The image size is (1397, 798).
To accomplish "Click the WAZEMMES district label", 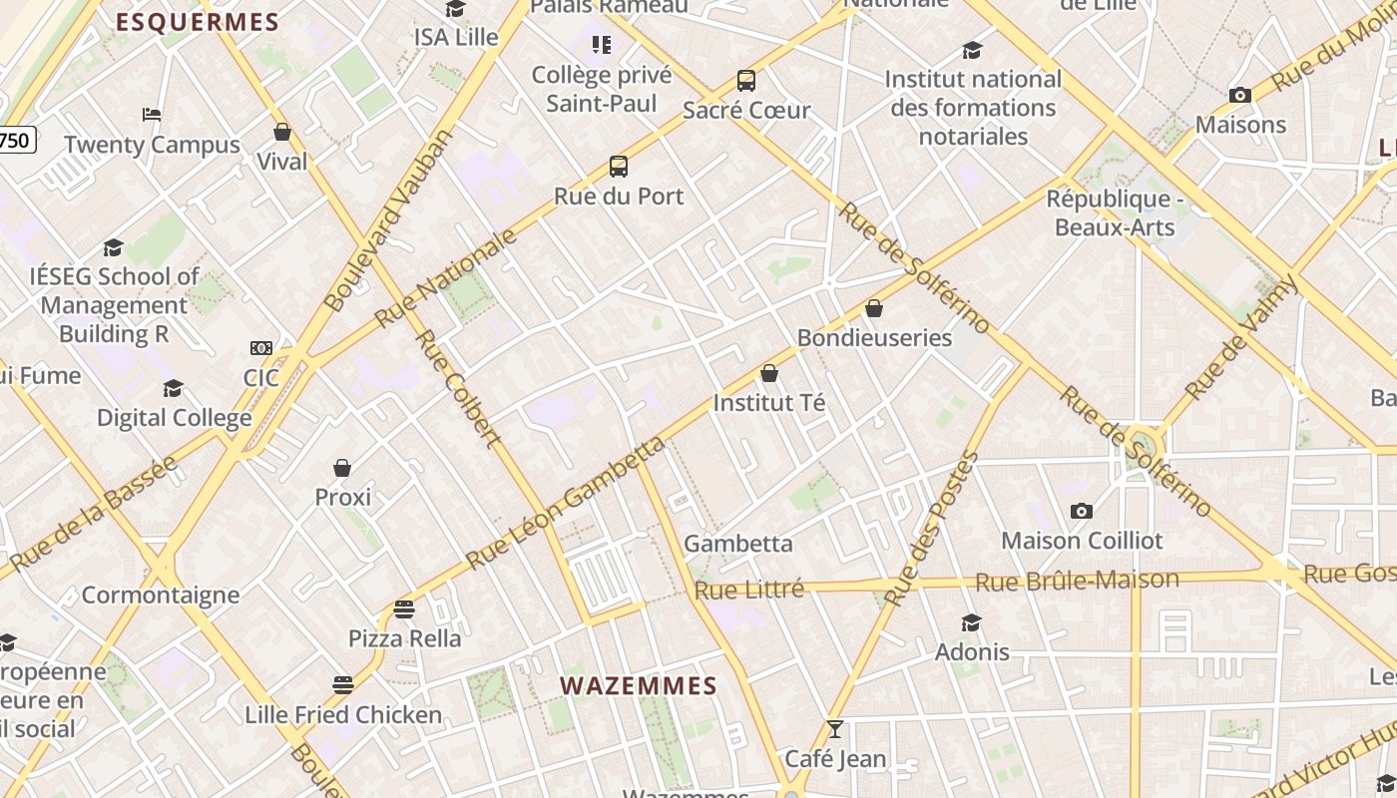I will (x=639, y=686).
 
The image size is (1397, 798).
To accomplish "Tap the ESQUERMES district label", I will (x=197, y=22).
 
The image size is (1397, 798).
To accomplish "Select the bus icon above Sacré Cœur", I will (x=746, y=81).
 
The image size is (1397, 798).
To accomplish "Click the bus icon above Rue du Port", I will (x=619, y=167).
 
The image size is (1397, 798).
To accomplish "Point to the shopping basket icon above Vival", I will (x=282, y=132).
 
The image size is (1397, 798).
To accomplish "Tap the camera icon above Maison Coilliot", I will (x=1082, y=512).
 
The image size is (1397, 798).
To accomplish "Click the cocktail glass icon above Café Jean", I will (x=835, y=729).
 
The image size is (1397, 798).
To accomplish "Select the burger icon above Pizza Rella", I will (x=404, y=608).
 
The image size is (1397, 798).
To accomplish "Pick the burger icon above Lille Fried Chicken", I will (x=343, y=685).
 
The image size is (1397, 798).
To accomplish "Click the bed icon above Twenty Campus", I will (x=152, y=115).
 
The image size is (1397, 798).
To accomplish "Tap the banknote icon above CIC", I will (x=261, y=348).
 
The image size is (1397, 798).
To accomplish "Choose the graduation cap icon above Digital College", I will (x=174, y=388).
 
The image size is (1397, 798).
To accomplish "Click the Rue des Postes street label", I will (x=929, y=529).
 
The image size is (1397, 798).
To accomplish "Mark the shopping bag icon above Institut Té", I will (x=769, y=374).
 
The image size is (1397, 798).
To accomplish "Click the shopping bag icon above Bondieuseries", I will (x=874, y=308).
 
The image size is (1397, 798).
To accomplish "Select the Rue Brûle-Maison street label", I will (x=1077, y=581).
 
